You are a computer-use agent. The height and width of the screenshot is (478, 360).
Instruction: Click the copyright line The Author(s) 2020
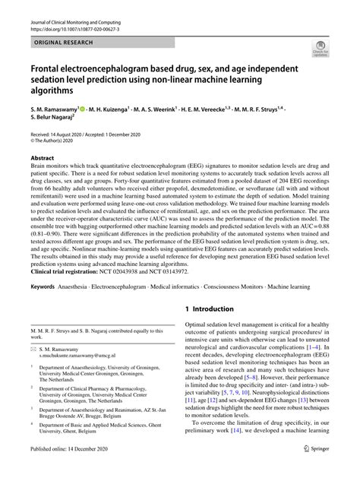56,142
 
